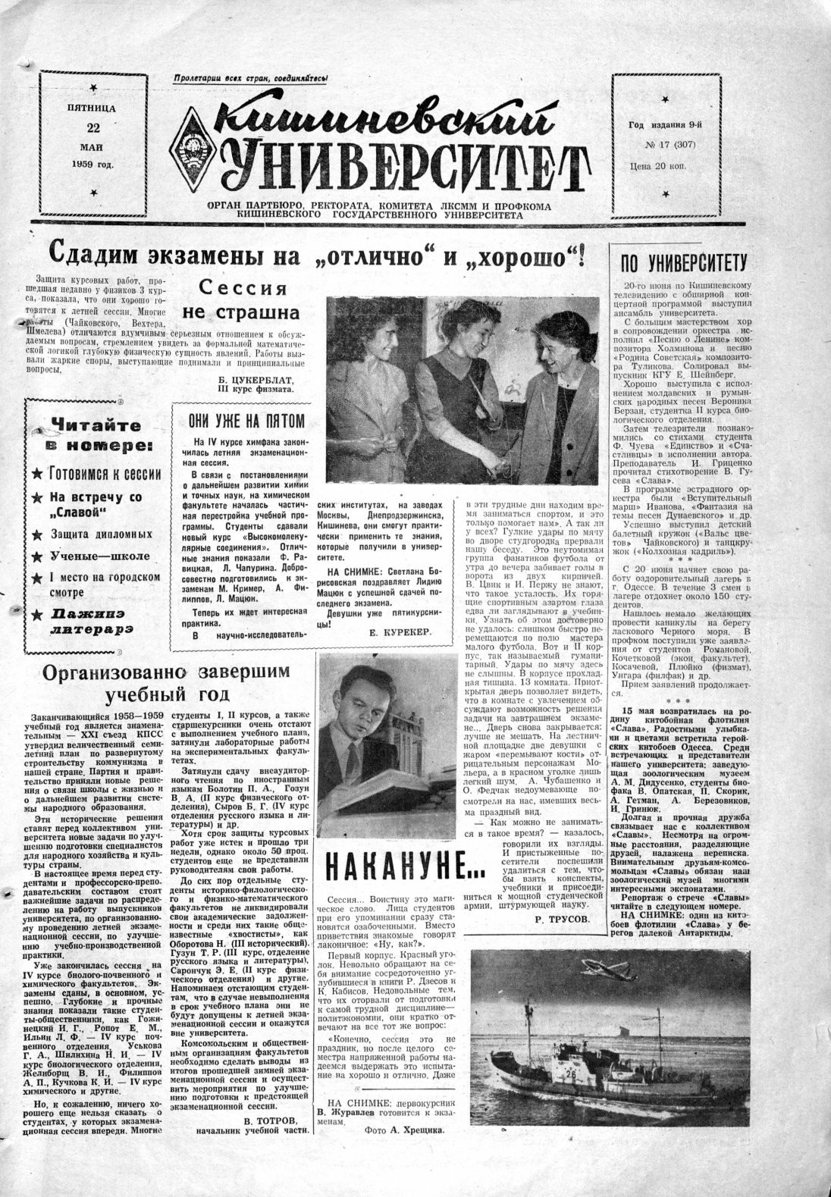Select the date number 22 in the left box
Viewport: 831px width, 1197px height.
[93, 127]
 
